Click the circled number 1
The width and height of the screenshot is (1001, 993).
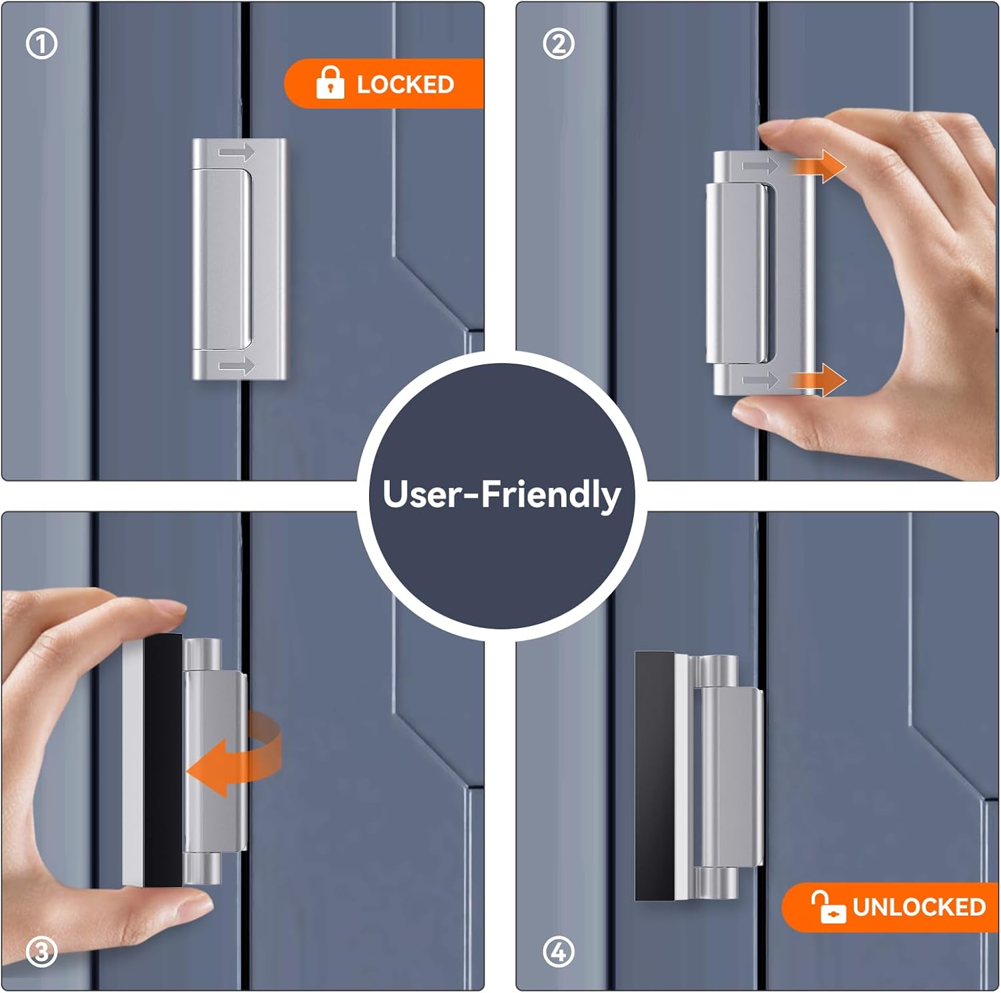tap(41, 45)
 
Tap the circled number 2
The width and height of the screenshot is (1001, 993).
tap(559, 45)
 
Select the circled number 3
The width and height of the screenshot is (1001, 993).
tap(41, 952)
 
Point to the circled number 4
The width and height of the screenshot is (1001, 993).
tap(559, 952)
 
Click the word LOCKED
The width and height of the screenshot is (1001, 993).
tap(405, 84)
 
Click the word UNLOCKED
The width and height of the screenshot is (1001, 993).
tap(919, 907)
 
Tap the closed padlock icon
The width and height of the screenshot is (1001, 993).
tap(330, 82)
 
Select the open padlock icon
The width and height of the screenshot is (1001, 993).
tap(828, 907)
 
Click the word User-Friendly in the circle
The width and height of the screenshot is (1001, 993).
tap(502, 494)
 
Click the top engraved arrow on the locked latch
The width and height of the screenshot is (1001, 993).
tap(237, 153)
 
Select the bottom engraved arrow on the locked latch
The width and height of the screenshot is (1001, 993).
tap(237, 366)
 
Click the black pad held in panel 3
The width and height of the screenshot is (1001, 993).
tap(163, 760)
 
